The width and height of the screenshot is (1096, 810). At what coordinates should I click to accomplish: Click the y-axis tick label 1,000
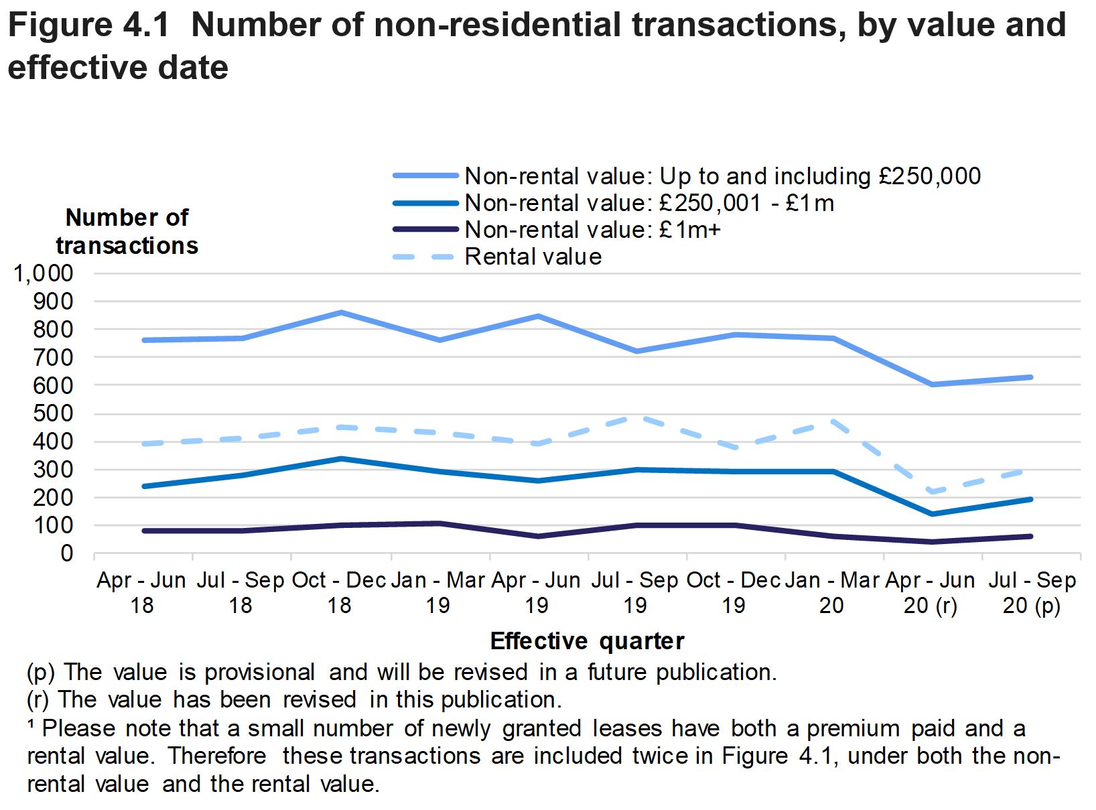[x=42, y=273]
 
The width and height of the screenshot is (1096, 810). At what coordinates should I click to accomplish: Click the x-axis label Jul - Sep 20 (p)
[x=1032, y=593]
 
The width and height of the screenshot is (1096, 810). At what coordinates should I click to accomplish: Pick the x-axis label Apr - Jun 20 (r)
[x=931, y=593]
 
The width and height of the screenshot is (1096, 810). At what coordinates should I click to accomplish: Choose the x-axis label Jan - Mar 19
[x=437, y=593]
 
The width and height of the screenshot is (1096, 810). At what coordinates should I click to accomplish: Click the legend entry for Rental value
[x=533, y=257]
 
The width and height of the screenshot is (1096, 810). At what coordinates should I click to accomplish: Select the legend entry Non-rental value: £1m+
[x=592, y=230]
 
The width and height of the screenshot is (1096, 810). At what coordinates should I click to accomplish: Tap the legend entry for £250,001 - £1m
[x=648, y=203]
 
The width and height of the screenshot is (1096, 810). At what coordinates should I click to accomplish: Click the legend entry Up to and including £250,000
[x=722, y=176]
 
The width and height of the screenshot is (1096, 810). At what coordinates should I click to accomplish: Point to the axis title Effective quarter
[x=587, y=641]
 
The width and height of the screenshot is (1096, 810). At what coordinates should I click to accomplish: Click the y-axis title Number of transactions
[x=127, y=232]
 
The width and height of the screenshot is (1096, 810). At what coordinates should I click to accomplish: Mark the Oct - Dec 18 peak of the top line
[x=340, y=312]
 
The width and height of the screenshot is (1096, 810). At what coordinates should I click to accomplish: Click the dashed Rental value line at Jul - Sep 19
[x=636, y=417]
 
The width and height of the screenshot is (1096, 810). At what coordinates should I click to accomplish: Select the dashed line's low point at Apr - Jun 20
[x=932, y=492]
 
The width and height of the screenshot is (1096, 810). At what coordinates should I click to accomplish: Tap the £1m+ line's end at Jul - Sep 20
[x=1030, y=536]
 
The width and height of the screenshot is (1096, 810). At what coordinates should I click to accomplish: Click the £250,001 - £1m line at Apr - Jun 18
[x=143, y=486]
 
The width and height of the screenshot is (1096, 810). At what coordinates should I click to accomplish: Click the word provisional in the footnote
[x=259, y=672]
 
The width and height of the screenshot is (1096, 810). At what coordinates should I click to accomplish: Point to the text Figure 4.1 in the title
[x=88, y=25]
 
